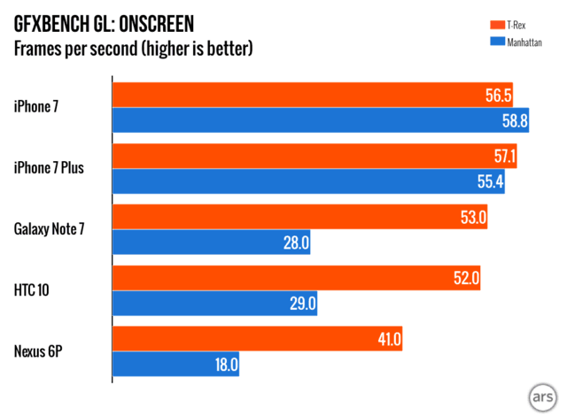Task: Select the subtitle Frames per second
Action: [x=133, y=47]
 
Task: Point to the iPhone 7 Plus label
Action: [x=49, y=168]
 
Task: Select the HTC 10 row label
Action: [x=33, y=290]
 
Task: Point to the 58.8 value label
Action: [x=512, y=121]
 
